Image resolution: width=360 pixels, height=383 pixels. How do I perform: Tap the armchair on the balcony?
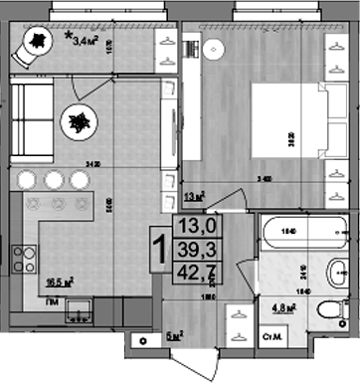click(36, 44)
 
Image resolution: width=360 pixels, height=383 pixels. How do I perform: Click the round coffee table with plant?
click(77, 123)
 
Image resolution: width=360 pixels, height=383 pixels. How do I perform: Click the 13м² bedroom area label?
click(194, 196)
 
